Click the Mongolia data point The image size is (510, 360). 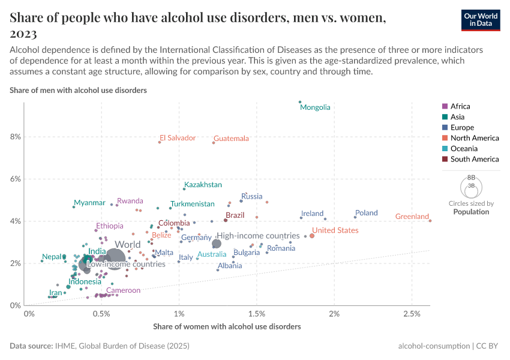pyautogui.click(x=300, y=102)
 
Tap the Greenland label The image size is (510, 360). pyautogui.click(x=412, y=217)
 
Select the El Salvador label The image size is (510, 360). pyautogui.click(x=178, y=138)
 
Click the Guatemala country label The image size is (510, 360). pyautogui.click(x=231, y=139)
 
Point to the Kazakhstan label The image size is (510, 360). pyautogui.click(x=203, y=185)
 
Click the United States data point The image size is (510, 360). pyautogui.click(x=312, y=236)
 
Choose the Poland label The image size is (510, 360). pyautogui.click(x=366, y=213)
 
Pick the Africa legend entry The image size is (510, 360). pyautogui.click(x=461, y=106)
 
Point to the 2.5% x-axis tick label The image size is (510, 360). pyautogui.click(x=412, y=314)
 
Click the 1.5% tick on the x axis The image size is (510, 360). pyautogui.click(x=256, y=314)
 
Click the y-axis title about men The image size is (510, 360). pyautogui.click(x=79, y=90)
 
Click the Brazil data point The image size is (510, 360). pyautogui.click(x=226, y=220)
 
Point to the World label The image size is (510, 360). pyautogui.click(x=128, y=245)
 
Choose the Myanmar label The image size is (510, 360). pyautogui.click(x=89, y=203)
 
